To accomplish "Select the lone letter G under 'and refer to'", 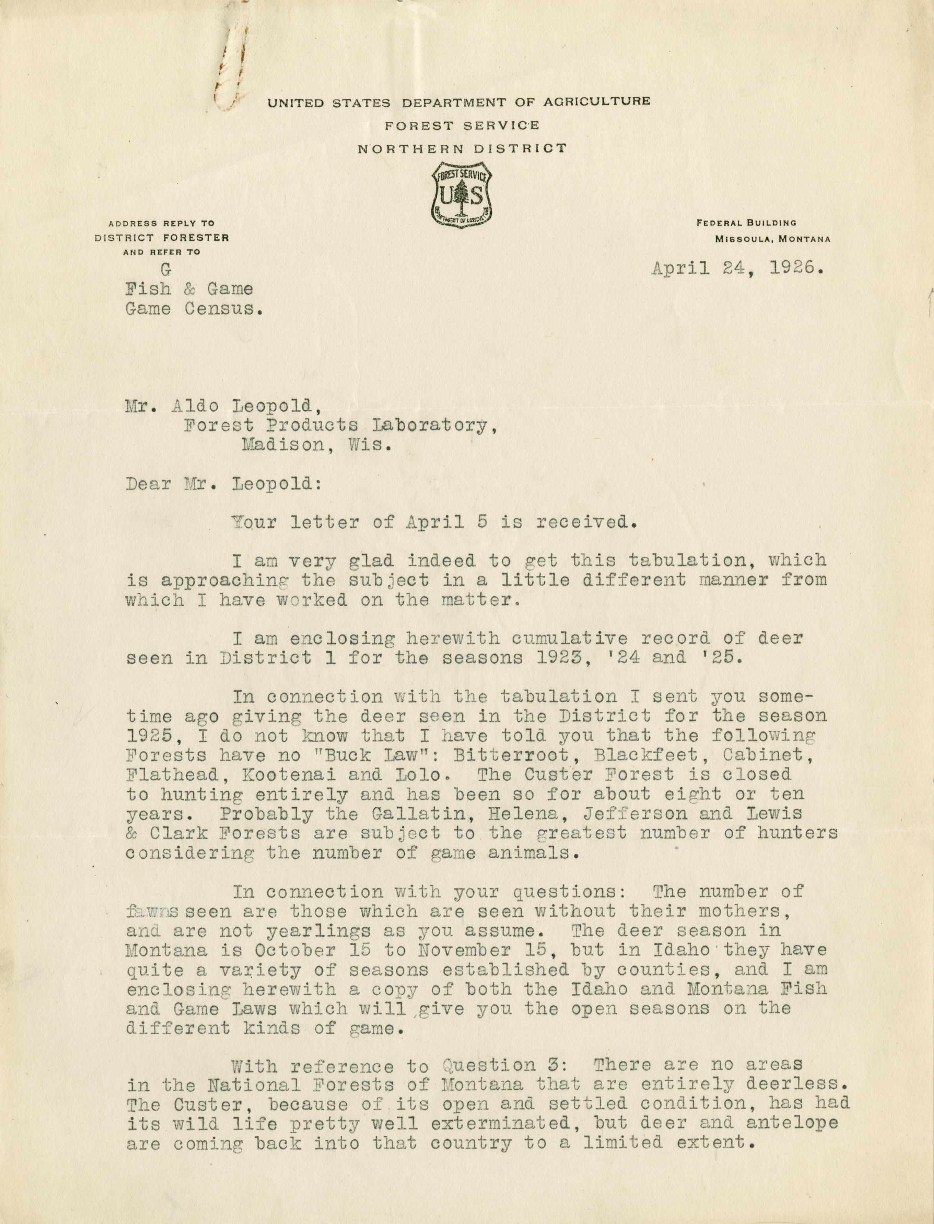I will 165,270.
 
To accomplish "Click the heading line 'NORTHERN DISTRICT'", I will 462,148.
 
